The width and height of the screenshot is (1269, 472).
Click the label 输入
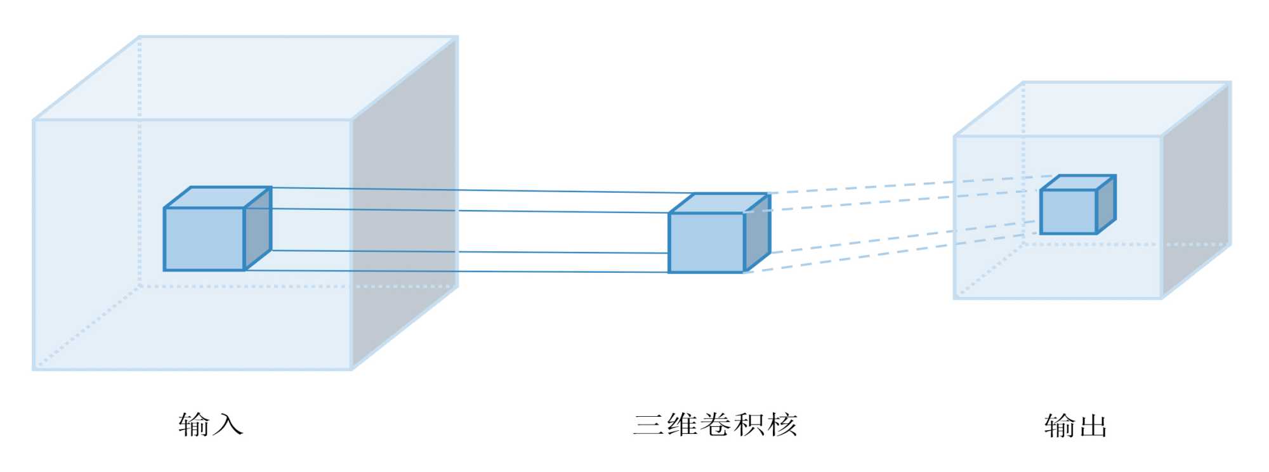[x=211, y=425]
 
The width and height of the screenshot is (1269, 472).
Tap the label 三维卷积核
[x=714, y=425]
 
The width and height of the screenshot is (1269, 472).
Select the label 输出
[x=1075, y=426]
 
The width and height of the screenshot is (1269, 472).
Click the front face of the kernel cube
[x=706, y=243]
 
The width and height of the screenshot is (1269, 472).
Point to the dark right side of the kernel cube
[x=757, y=233]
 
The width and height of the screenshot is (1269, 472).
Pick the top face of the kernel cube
[x=720, y=203]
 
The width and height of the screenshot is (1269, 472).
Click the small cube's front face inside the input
[x=204, y=239]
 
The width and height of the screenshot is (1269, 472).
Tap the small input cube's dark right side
[x=258, y=228]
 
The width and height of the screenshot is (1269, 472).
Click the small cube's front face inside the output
[x=1068, y=211]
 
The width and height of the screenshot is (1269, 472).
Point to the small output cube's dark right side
[x=1106, y=204]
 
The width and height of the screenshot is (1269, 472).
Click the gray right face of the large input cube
[x=404, y=203]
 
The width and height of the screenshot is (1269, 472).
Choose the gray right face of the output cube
[x=1196, y=190]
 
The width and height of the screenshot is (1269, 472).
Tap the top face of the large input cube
[x=246, y=77]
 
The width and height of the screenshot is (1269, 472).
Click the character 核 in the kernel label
[x=782, y=425]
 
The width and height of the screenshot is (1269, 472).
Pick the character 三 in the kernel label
[x=648, y=425]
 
